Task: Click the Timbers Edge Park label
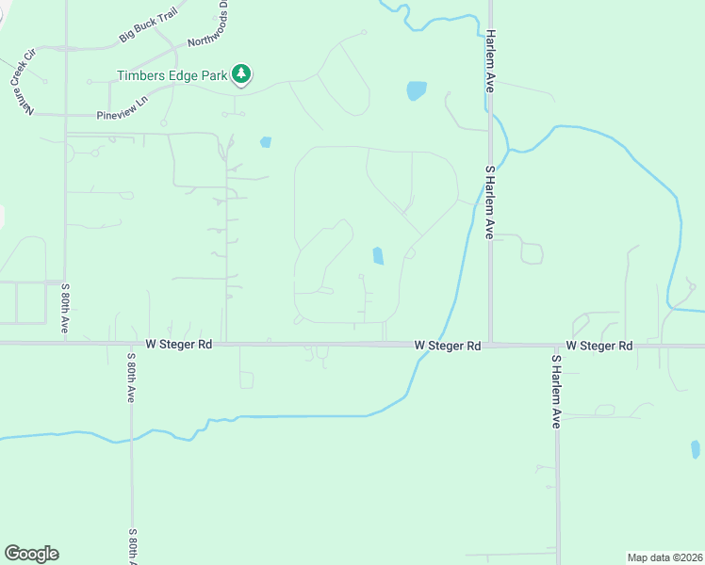[172, 75]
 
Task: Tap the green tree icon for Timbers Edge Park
[242, 73]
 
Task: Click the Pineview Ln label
[123, 106]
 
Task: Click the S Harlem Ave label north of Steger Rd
[490, 202]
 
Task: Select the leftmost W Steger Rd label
[179, 346]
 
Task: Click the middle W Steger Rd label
[448, 347]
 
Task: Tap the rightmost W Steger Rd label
[598, 347]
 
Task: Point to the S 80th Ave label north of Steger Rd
[65, 306]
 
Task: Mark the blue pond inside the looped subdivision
[378, 256]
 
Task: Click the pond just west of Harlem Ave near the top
[416, 90]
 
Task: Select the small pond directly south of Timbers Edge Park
[266, 143]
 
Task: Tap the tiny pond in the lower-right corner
[696, 449]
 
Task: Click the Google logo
[31, 554]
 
